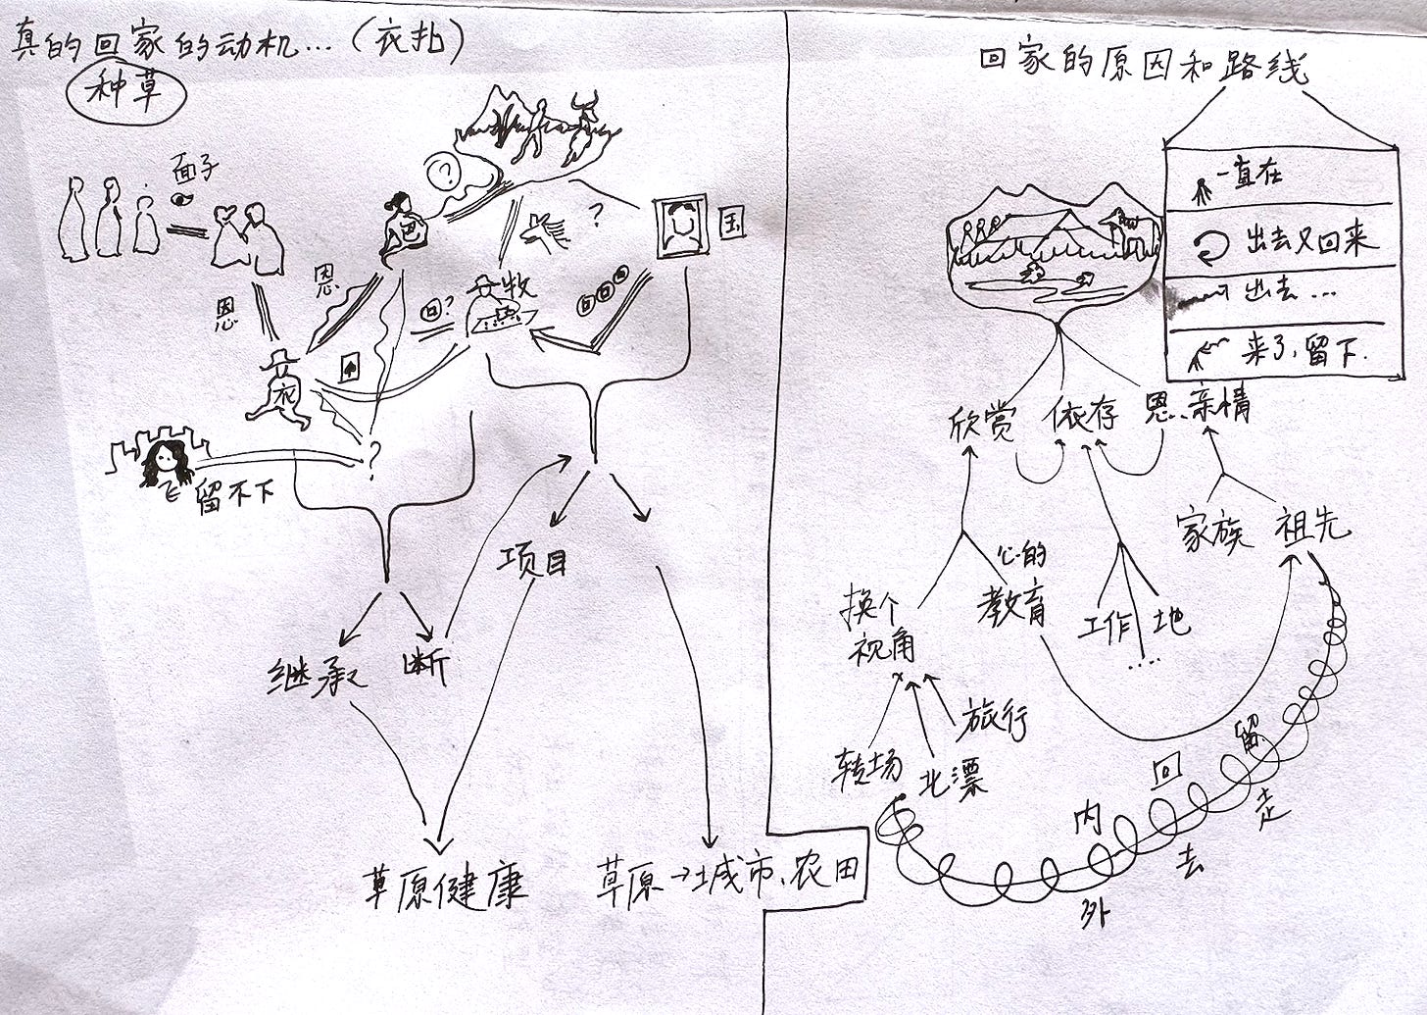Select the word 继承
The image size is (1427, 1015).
pos(316,678)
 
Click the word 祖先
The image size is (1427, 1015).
pos(1311,527)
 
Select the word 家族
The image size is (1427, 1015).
pos(1213,533)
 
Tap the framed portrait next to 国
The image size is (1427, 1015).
pos(681,226)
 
